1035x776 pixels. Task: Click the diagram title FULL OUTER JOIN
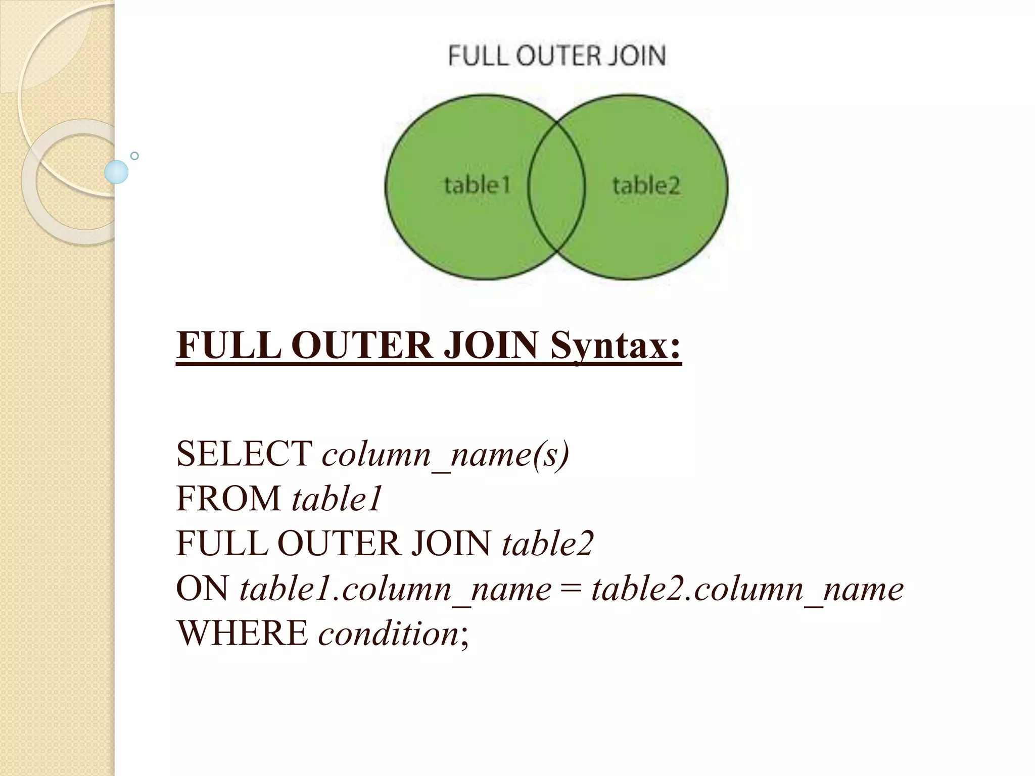[556, 56]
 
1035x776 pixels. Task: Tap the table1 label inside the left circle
[477, 185]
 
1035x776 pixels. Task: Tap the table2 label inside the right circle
[646, 185]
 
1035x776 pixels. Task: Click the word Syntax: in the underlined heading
[616, 346]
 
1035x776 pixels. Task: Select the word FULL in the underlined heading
[229, 346]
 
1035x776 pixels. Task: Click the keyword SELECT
[244, 454]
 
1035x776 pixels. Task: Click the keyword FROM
[228, 499]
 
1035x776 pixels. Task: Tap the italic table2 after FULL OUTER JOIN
[547, 544]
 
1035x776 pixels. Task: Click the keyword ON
[202, 589]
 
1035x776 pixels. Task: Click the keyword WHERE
[242, 633]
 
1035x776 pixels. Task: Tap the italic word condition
[388, 634]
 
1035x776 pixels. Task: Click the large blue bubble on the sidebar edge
[116, 172]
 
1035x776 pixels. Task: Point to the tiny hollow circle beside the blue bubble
[134, 156]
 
